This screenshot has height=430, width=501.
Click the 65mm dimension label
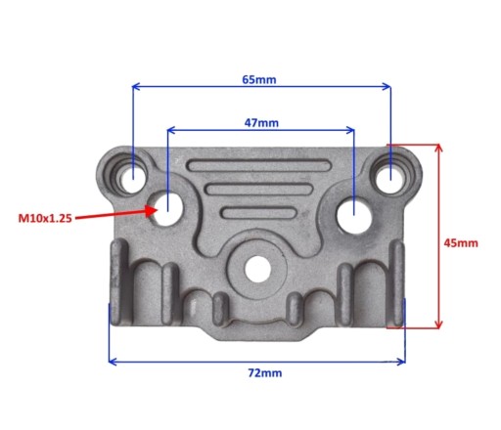coord(259,79)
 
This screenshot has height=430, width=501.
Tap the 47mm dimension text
coord(261,123)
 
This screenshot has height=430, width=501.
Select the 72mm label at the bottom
coord(265,372)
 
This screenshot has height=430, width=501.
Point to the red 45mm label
coord(461,243)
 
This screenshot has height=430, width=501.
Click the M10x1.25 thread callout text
coord(45,218)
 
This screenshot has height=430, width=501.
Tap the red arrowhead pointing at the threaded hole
coord(152,211)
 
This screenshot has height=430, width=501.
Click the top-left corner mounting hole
coord(133,179)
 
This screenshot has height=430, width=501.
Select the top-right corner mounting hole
coord(390,180)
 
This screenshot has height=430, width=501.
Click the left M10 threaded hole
coord(167,209)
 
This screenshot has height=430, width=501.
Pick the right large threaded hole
coord(354,216)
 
